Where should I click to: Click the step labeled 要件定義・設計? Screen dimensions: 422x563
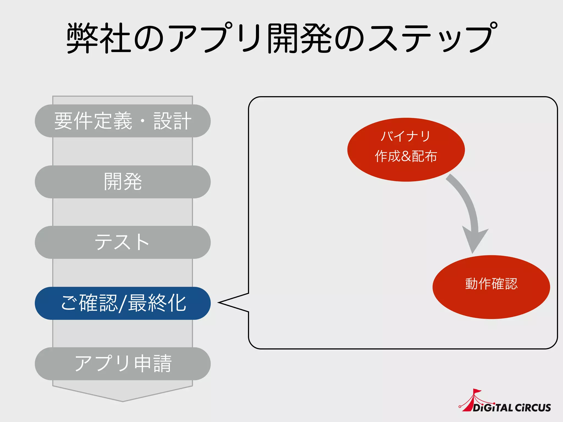point(123,121)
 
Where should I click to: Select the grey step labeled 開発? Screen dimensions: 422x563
point(123,182)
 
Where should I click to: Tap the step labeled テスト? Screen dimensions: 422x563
point(123,242)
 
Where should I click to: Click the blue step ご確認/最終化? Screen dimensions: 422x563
point(123,303)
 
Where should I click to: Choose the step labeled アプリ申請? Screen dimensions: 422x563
point(123,364)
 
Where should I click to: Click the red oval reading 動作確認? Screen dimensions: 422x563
point(491,287)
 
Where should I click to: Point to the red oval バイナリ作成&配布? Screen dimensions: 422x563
point(406,149)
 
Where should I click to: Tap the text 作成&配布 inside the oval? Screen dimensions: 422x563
point(406,156)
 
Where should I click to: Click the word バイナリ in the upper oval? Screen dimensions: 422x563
point(406,136)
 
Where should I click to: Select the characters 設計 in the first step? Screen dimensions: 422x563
point(172,121)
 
